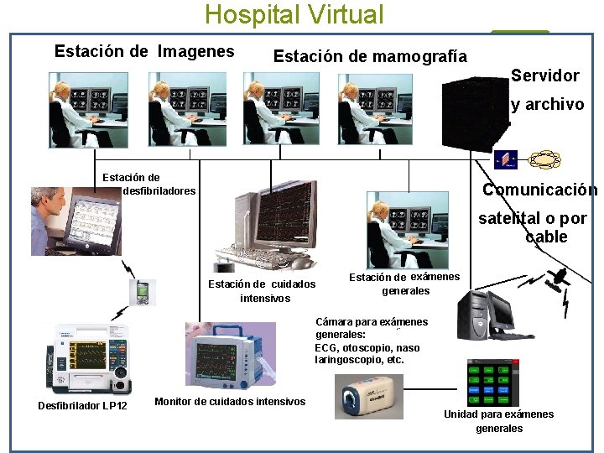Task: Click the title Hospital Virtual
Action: coord(294,15)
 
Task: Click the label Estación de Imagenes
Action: coord(144,51)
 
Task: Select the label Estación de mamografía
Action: coord(370,56)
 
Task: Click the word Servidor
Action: coord(545,75)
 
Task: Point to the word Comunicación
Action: coord(539,190)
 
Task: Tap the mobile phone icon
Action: coord(142,293)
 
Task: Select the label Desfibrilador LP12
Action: coord(82,407)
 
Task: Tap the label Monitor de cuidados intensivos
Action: coord(230,402)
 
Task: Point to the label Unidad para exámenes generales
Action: coord(498,421)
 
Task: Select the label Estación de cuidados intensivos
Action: coord(263,291)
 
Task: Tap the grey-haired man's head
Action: coord(49,202)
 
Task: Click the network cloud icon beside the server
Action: coord(544,159)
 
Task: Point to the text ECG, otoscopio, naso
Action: coord(367,348)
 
